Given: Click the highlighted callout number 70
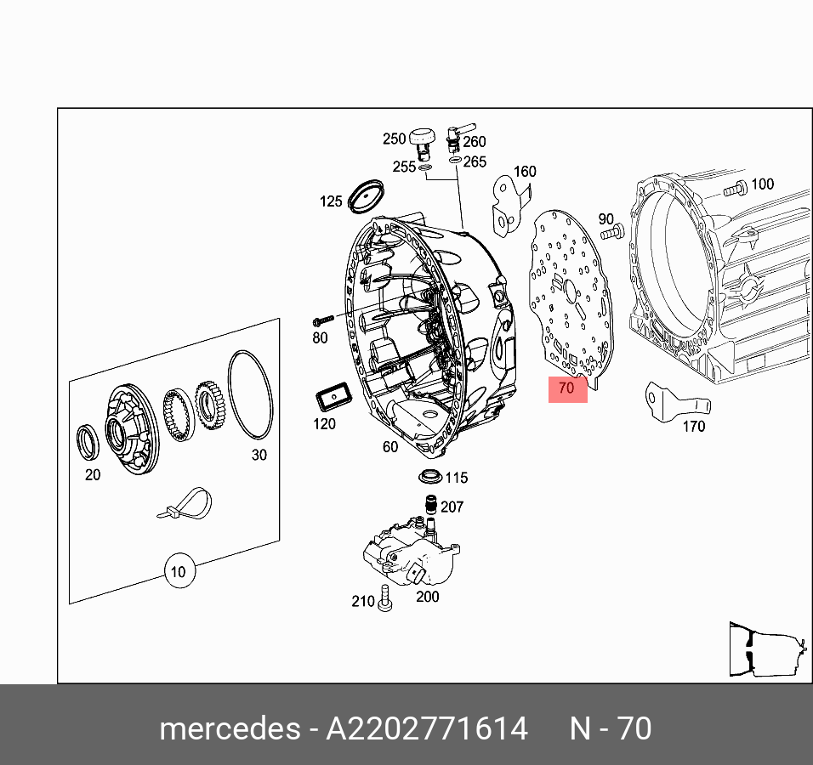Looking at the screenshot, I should tap(567, 389).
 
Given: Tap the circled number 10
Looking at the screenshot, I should tap(178, 571).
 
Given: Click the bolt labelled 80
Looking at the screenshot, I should tap(321, 321).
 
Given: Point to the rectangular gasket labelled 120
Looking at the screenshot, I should tap(332, 397).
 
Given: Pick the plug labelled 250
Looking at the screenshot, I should tap(422, 139).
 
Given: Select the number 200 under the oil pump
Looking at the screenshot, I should tap(427, 597).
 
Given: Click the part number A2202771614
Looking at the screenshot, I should tap(427, 729).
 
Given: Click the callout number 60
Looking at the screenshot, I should tap(389, 447).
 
